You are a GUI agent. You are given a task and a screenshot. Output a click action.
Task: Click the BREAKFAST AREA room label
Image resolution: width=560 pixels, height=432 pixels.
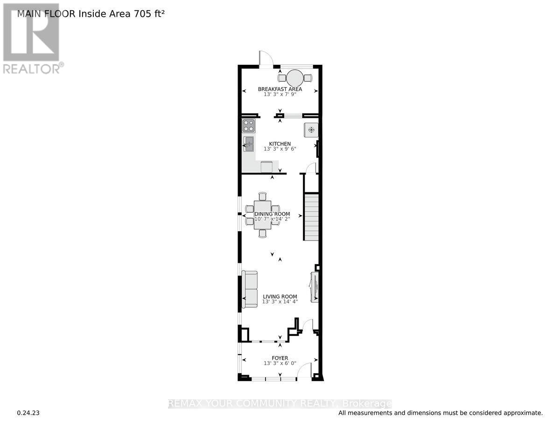(x=280, y=89)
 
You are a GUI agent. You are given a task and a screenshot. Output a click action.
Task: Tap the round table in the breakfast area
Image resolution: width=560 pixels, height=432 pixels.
(x=294, y=77)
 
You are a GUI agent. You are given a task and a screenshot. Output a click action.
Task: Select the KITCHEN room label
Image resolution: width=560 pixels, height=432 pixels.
(x=280, y=144)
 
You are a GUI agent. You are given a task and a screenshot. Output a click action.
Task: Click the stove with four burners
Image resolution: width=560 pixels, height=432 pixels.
(x=249, y=126)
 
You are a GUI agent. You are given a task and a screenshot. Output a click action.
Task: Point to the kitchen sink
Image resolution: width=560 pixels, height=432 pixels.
(x=248, y=144)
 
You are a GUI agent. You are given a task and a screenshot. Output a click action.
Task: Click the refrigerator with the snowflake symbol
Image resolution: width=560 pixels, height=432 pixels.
(x=311, y=130)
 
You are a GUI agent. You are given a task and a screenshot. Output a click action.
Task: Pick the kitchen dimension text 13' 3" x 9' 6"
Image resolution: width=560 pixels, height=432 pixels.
(x=280, y=149)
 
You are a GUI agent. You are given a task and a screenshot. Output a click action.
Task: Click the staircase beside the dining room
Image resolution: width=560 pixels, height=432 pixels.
(x=311, y=217)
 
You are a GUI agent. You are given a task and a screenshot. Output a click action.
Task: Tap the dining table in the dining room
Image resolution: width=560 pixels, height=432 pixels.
(x=263, y=215)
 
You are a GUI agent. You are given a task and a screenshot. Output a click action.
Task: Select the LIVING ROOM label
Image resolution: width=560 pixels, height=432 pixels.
(x=280, y=296)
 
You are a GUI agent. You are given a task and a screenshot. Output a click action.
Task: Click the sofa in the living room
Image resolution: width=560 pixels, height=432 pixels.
(x=250, y=289)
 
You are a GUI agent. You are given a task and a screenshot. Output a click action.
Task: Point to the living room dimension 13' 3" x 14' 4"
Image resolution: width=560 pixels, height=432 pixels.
(x=280, y=302)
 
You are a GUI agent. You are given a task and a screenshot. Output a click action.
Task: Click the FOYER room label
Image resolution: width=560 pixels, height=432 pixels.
(x=280, y=358)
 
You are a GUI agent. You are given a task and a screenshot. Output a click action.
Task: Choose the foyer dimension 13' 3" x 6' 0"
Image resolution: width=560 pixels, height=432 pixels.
(x=280, y=363)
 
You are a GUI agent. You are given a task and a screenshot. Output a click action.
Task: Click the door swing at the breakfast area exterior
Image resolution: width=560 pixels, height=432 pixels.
(x=266, y=58)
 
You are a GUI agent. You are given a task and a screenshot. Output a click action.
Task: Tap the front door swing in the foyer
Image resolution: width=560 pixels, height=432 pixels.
(x=306, y=370)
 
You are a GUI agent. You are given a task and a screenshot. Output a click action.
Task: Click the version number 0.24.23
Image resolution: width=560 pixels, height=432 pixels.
(x=29, y=413)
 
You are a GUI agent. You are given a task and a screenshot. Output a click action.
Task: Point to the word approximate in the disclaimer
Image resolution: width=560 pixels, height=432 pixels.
(x=521, y=413)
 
